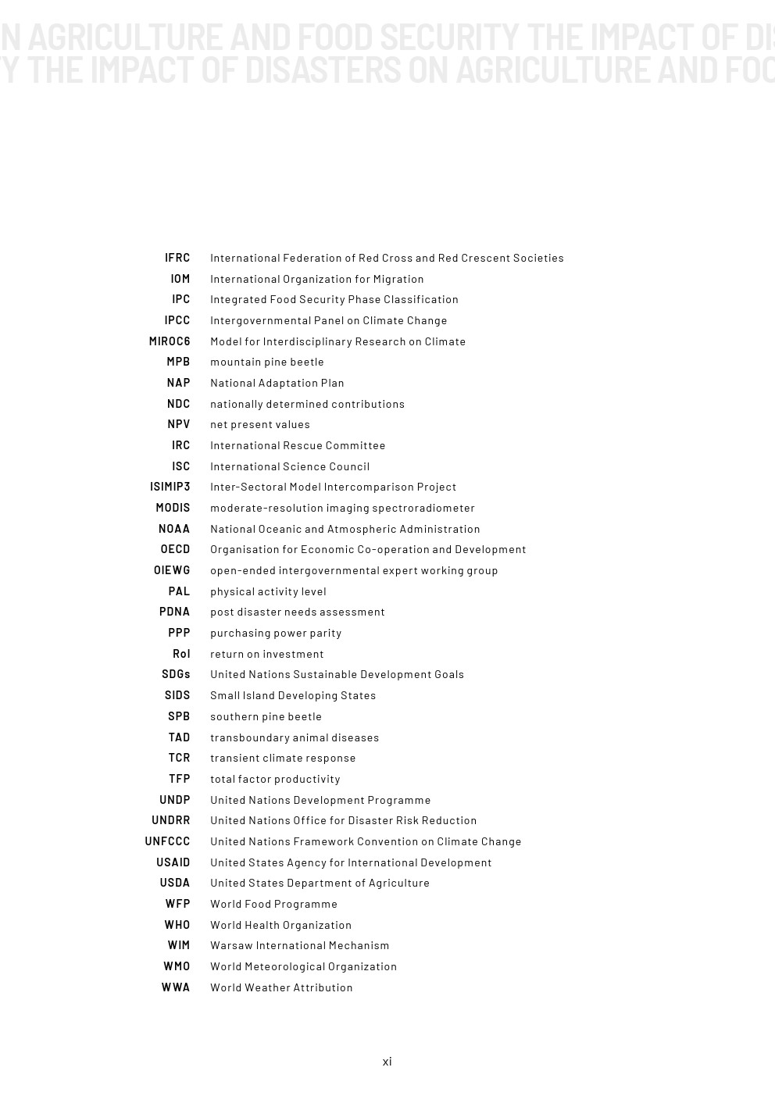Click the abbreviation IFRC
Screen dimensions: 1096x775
pos(177,258)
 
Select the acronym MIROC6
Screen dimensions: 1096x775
pos(170,341)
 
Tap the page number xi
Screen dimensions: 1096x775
pos(387,1061)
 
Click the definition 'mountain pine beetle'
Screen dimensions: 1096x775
pos(267,362)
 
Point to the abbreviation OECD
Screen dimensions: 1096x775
pos(175,549)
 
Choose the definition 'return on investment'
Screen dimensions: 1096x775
pos(266,654)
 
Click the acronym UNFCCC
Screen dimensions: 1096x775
pos(167,841)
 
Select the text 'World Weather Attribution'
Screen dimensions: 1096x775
pos(281,987)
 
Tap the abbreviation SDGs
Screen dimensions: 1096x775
pos(176,674)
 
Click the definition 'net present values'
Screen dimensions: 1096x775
pos(260,424)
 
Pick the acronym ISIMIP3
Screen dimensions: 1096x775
pos(170,487)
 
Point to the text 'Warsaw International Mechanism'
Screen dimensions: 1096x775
pos(299,945)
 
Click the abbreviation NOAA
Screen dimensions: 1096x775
pos(174,529)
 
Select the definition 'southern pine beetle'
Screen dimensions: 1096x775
pos(266,716)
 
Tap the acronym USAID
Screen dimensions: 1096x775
pos(173,862)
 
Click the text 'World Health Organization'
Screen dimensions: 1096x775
pos(280,925)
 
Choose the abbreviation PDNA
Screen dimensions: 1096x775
pos(174,612)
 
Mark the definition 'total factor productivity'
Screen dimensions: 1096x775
pos(275,779)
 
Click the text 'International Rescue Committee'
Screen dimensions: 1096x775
pos(298,445)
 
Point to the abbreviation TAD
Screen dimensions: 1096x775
pos(179,737)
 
